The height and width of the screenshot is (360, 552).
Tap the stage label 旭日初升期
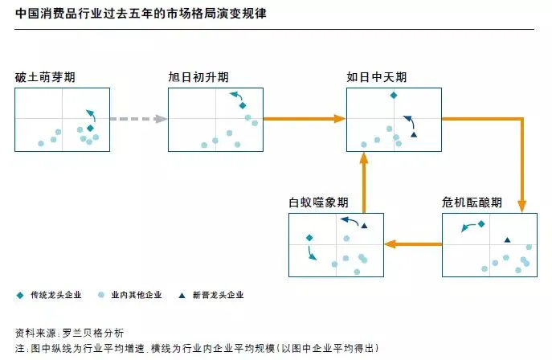[x=198, y=77]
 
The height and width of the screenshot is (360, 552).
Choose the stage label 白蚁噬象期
[x=319, y=202]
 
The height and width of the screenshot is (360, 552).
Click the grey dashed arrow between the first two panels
[x=137, y=119]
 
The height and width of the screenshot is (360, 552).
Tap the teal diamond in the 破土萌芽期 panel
[x=90, y=128]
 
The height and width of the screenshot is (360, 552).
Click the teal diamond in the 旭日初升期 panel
[x=242, y=105]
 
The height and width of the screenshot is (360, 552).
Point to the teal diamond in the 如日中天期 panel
[x=393, y=96]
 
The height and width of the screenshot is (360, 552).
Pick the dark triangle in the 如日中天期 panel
[x=414, y=134]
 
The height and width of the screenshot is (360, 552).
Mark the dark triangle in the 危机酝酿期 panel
[x=507, y=239]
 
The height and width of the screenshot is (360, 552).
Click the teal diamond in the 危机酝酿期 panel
[x=480, y=224]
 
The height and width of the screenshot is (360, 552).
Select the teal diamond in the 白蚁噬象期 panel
[x=309, y=237]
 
